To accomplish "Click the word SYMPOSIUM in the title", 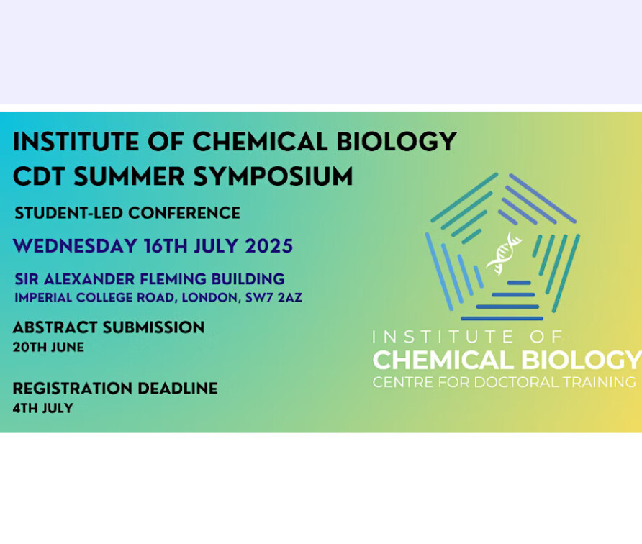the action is tap(273, 177).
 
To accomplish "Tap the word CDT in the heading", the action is tap(39, 177).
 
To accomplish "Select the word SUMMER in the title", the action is tap(129, 177).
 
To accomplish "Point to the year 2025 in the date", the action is tap(269, 246).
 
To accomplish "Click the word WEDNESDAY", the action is tap(75, 246).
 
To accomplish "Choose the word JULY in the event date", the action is tap(216, 246).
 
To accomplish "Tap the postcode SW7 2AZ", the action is tap(274, 298).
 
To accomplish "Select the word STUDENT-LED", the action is tap(68, 213).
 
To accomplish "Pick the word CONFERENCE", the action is tap(184, 213).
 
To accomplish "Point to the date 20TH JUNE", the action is tap(48, 347).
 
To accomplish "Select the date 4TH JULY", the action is tap(43, 408).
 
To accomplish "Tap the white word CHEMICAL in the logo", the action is tap(443, 361).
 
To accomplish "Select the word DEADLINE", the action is tap(178, 389).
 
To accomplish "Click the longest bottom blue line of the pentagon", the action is tap(502, 318).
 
